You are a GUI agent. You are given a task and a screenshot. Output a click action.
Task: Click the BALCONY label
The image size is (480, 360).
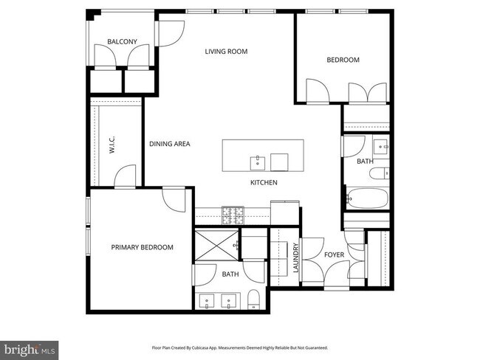[x=122, y=42]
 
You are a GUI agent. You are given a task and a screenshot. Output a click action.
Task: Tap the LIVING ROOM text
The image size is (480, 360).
[x=226, y=52]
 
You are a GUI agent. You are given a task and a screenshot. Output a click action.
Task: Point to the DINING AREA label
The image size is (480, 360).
[x=169, y=144]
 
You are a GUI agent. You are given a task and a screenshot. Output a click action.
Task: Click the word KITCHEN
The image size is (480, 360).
[x=263, y=182]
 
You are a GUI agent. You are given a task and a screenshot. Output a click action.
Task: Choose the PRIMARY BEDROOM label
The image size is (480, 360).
[x=142, y=248]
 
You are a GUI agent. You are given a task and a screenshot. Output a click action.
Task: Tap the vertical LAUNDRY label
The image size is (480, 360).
[x=295, y=259]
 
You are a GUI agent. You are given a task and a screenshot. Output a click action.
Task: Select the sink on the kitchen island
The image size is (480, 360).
[x=258, y=161]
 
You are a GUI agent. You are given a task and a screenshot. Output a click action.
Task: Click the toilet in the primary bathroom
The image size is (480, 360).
[x=253, y=300]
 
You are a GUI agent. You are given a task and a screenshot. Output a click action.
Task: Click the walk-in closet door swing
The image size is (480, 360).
[x=126, y=176]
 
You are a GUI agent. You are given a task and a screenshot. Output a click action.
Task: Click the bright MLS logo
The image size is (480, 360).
[x=30, y=347]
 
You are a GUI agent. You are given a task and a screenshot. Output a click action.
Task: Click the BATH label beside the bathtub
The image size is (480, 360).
[x=365, y=161]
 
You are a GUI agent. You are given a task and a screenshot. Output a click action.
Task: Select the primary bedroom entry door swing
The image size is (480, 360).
[x=174, y=198]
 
